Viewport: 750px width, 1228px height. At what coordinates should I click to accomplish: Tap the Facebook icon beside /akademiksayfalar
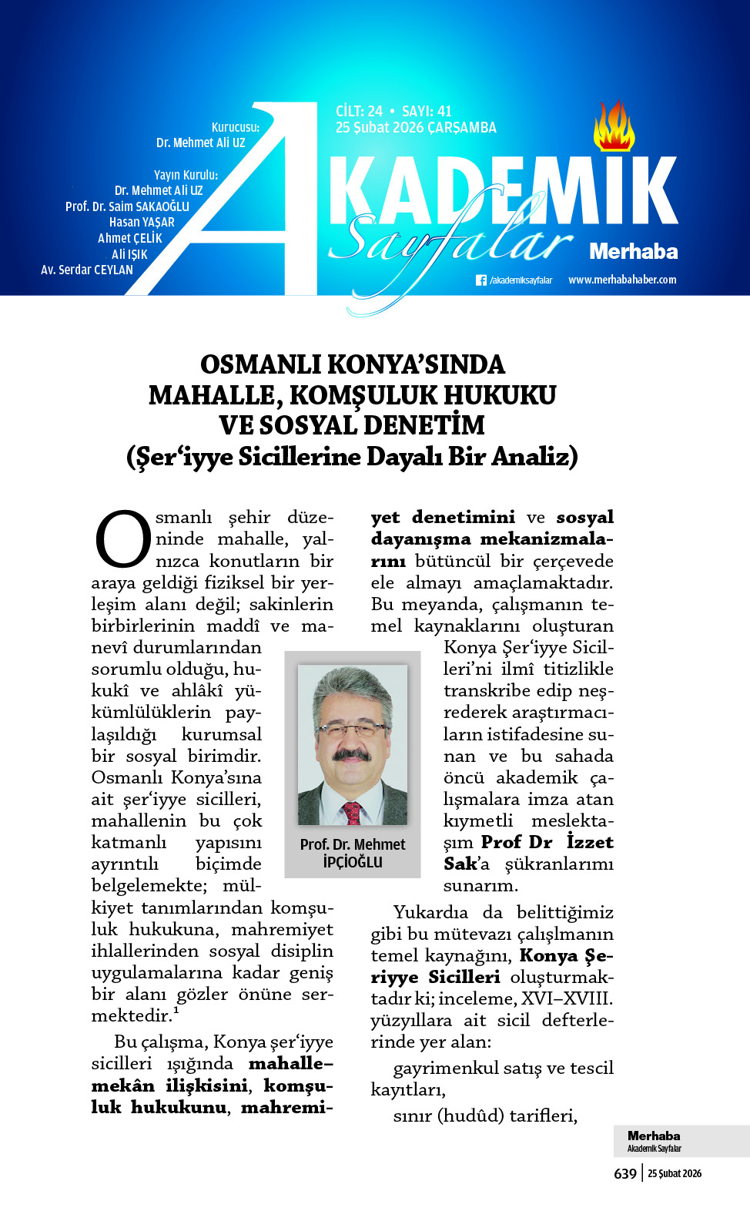[481, 280]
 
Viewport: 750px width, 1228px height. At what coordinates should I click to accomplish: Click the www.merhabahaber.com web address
[622, 280]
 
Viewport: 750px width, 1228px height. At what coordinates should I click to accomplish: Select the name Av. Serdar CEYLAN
[87, 270]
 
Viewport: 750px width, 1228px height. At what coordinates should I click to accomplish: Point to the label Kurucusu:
[236, 127]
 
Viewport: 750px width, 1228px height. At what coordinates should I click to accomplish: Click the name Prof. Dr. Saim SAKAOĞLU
[127, 206]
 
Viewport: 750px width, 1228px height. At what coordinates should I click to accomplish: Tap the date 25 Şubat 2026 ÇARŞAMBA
[416, 128]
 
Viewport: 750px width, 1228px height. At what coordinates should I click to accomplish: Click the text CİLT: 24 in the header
[359, 111]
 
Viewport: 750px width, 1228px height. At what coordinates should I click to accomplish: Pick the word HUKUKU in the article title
[500, 395]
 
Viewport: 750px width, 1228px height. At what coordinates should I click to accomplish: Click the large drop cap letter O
[122, 539]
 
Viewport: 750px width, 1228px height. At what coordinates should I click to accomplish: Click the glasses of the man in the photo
[350, 729]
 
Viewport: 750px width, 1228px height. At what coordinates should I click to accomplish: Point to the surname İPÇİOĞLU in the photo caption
[353, 862]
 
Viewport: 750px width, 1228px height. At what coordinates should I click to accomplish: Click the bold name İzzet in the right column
[590, 842]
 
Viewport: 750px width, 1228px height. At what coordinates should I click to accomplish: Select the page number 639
[625, 1173]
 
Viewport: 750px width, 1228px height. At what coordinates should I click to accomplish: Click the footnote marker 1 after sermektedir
[176, 1010]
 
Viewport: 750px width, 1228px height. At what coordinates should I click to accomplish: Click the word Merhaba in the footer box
[654, 1136]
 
